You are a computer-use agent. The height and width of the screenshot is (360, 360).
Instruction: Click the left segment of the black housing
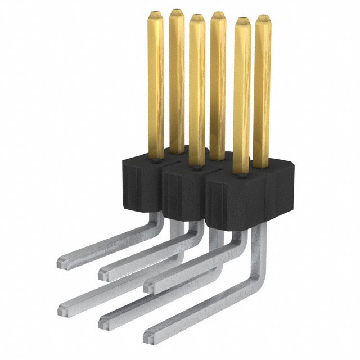(141, 183)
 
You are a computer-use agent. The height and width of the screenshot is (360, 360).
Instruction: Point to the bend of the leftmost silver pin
(151, 217)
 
